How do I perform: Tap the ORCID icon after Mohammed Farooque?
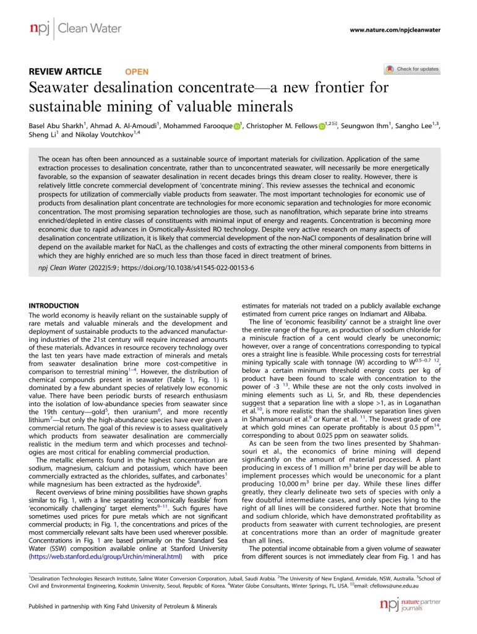point(237,127)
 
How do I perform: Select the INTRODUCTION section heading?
point(54,306)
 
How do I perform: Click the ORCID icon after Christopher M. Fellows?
point(322,127)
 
